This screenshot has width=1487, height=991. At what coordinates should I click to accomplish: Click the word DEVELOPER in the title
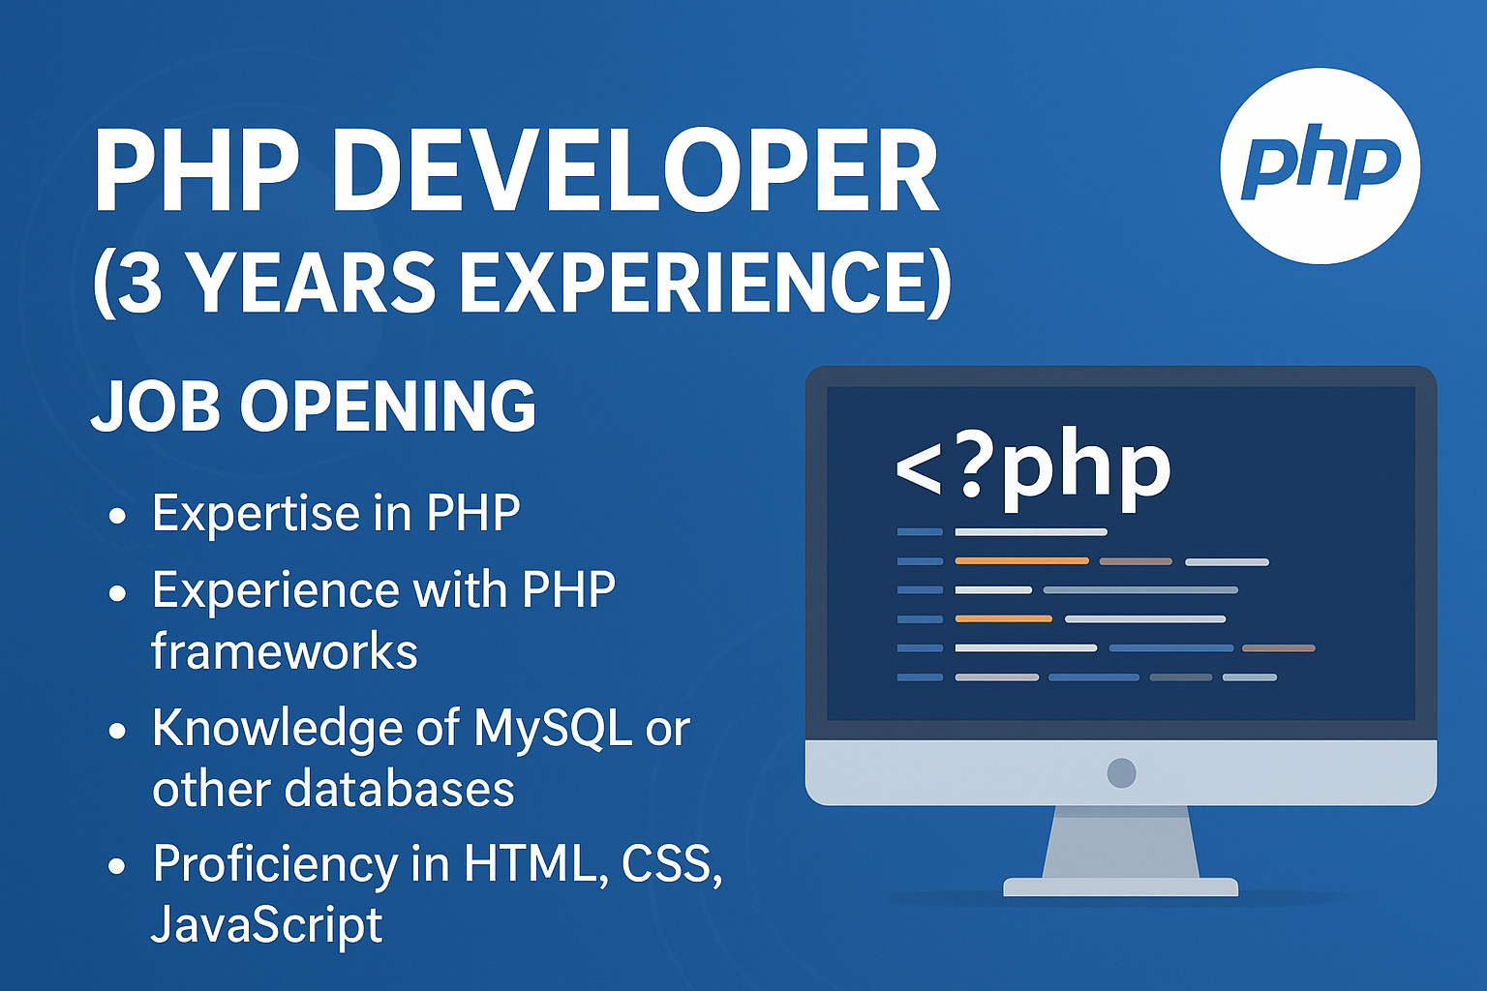coord(635,170)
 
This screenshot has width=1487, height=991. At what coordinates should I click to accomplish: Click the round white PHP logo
coord(1320,165)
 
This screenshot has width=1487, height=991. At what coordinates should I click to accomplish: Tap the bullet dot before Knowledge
coord(117,731)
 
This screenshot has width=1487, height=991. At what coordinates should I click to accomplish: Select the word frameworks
coord(284,651)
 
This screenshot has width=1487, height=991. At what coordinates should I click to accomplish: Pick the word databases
coord(400,789)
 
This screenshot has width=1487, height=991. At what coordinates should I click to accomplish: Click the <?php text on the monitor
coord(1033,471)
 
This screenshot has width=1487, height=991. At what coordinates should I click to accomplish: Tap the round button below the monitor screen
coord(1121,772)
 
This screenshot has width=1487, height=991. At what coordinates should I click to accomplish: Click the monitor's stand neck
coord(1120,842)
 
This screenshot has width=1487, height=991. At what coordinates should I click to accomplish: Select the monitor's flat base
coord(1120,886)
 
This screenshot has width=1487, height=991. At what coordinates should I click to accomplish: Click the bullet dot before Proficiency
coord(117,867)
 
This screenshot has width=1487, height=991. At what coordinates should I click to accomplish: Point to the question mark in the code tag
coord(972,463)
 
